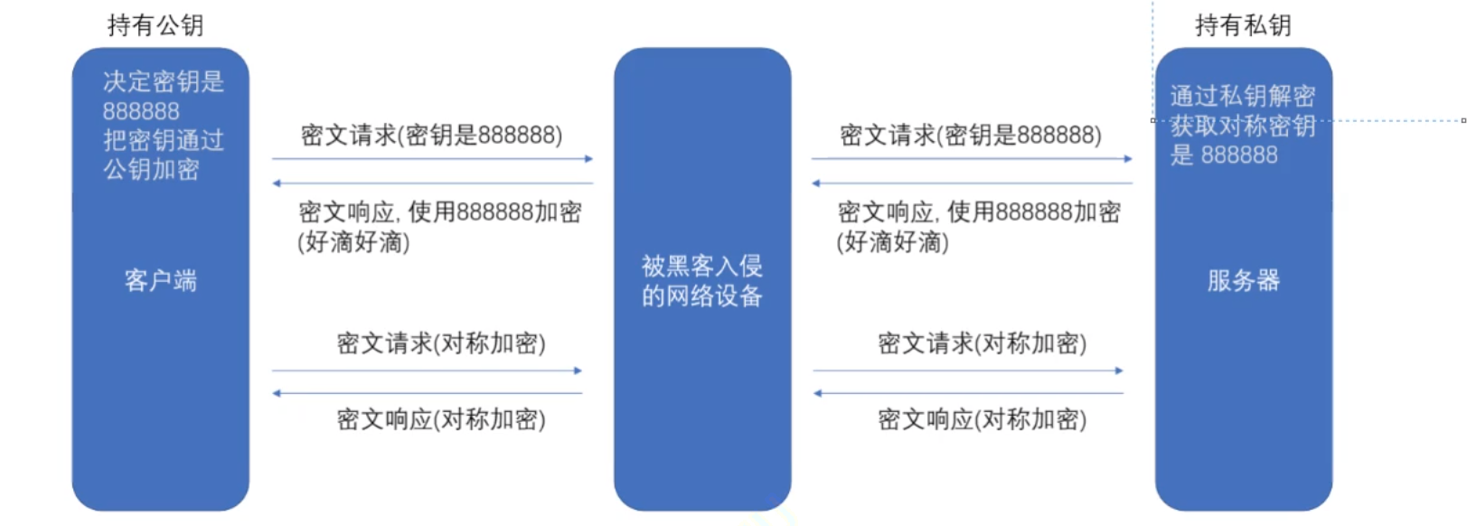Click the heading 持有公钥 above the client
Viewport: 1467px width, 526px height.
coord(155,25)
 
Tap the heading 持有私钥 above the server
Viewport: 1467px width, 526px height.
coord(1243,25)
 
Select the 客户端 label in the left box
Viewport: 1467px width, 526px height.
coord(160,280)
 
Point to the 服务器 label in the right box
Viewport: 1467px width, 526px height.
coord(1243,280)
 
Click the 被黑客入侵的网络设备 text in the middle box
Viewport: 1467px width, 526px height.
coord(701,280)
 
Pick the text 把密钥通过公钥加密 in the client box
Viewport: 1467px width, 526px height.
coord(163,155)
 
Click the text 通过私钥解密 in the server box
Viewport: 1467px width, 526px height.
coord(1242,96)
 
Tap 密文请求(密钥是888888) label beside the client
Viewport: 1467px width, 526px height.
coord(431,136)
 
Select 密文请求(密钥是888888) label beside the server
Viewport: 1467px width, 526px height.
coord(970,136)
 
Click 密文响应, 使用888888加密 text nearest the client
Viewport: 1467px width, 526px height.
coord(439,212)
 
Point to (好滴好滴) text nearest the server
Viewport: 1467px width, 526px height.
coord(892,242)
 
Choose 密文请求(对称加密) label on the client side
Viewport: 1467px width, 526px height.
coord(441,343)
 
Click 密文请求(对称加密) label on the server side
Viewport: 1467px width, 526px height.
coord(982,343)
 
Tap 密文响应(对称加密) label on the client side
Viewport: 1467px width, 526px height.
coord(441,419)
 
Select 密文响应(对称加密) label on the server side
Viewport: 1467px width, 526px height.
coord(982,419)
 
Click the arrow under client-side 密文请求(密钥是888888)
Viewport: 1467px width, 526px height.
coord(432,159)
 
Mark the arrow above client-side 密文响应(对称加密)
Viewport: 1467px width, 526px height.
coord(428,393)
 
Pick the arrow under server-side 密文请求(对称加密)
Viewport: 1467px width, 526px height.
coord(967,371)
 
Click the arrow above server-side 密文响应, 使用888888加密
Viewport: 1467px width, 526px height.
coord(972,183)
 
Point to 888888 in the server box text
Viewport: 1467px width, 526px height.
coord(1238,155)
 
